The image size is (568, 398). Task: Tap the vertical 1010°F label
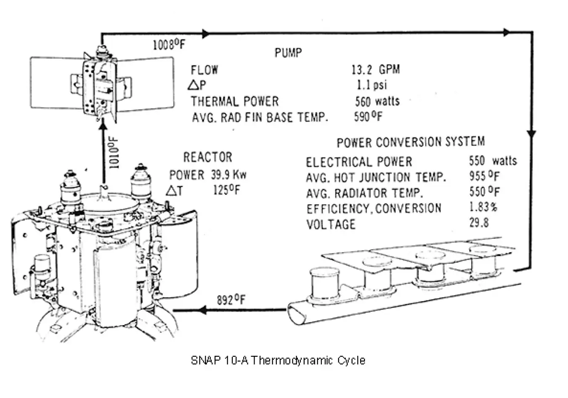114,152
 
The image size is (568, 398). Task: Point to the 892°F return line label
231,300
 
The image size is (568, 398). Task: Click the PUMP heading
288,53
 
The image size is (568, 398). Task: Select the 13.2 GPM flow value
375,69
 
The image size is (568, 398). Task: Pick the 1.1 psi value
372,85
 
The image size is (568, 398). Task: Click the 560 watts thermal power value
377,101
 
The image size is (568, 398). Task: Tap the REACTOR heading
207,158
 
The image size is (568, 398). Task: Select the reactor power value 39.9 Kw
228,174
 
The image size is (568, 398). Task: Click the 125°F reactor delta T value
226,190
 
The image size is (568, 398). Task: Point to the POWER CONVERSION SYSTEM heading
410,142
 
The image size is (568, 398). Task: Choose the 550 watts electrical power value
493,161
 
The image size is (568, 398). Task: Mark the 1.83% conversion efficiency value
483,207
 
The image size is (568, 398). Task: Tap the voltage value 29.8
479,223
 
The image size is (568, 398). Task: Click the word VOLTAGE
331,224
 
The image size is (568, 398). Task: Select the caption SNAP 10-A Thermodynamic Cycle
278,361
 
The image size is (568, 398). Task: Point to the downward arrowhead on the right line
531,134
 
